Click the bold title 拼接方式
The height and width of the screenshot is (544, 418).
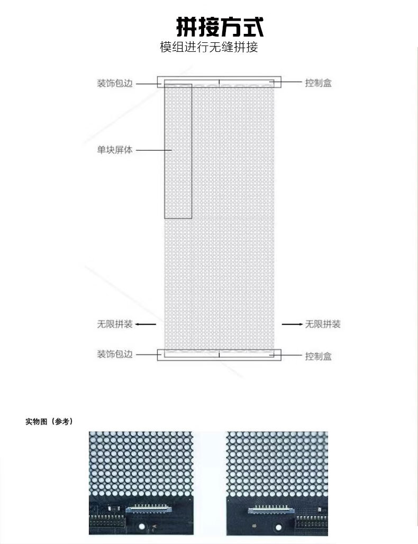(219, 26)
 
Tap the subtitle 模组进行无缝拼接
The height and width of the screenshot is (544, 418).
(209, 48)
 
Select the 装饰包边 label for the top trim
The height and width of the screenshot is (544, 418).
(114, 84)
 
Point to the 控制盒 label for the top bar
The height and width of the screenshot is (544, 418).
(318, 83)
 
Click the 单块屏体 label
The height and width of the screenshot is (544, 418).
(114, 150)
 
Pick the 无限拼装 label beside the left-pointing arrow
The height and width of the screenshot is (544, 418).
(114, 324)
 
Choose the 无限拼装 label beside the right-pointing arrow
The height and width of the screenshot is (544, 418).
(323, 324)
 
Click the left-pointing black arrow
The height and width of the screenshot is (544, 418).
(148, 324)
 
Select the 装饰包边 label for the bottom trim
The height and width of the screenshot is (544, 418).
(114, 354)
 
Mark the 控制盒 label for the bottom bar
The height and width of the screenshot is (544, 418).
(318, 357)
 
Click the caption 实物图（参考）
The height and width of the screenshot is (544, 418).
(49, 422)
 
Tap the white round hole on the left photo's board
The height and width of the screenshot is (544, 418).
(142, 527)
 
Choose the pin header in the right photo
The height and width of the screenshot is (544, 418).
(312, 521)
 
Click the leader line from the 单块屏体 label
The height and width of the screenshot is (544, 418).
(153, 150)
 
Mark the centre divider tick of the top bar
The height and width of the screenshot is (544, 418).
(219, 81)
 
